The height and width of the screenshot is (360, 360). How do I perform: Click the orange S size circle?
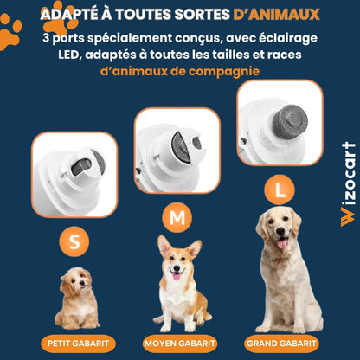click(74, 243)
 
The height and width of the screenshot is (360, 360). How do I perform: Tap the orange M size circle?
click(178, 218)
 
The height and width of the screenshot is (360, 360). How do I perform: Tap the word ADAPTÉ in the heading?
click(69, 15)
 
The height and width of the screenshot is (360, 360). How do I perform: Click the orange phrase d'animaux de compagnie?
click(179, 70)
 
